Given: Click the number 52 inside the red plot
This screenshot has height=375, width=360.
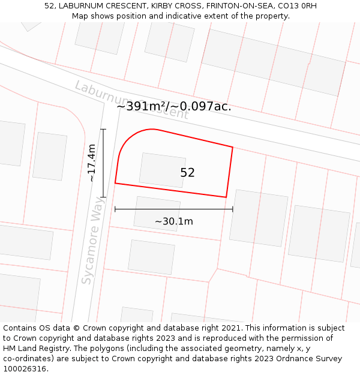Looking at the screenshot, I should point(188,173).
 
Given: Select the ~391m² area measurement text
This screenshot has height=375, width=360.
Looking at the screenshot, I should point(144,106).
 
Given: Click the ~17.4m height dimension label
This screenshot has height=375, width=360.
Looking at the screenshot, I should point(91,163).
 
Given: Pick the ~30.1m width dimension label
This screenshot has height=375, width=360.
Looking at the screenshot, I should point(174,221).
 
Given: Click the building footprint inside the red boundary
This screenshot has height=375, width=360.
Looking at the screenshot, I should point(162,170).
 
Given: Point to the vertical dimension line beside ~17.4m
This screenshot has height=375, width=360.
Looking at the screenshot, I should point(103,163).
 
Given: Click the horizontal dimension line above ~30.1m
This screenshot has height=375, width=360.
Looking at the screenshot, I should point(174,209).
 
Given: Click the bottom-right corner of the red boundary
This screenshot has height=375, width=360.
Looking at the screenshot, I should point(226,197).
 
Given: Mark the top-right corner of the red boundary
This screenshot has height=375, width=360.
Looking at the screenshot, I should point(232,147).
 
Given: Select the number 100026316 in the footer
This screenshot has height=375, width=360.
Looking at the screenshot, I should point(25,368).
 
